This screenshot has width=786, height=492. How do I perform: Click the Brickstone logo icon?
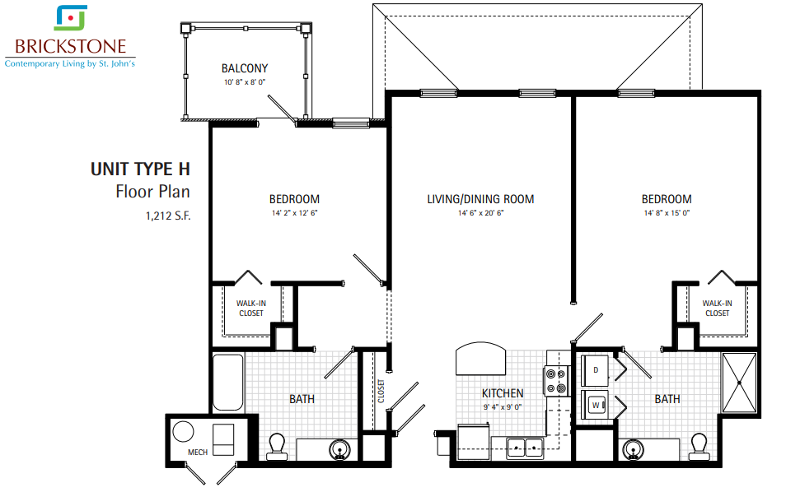coord(71,17)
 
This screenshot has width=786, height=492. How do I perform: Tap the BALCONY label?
coord(245,68)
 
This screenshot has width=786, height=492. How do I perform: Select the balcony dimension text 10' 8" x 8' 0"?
coord(245,82)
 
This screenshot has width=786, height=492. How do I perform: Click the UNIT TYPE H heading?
coord(140,169)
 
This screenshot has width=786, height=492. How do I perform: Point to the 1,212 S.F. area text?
coord(168,216)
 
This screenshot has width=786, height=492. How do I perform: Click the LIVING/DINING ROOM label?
coord(480,199)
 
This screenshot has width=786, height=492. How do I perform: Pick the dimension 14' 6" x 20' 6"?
coord(480,213)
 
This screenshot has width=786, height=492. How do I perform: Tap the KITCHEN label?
coord(503,393)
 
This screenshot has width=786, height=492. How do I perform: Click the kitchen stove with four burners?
coord(556,381)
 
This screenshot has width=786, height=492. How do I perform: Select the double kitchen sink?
coord(525,447)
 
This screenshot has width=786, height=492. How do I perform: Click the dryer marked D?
coord(595,370)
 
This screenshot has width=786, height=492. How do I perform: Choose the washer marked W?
coord(595,405)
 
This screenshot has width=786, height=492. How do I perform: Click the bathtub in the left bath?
coord(228,383)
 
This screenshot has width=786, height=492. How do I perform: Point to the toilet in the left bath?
coord(277,447)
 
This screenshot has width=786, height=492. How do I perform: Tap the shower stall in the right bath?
coord(739,383)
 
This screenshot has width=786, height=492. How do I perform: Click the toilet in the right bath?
coord(699,447)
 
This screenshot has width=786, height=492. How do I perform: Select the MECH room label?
coord(198,452)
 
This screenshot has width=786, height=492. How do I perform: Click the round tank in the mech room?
coord(183,431)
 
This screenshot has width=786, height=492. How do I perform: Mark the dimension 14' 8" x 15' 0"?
coord(667,213)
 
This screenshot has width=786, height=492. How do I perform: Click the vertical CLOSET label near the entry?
coord(381,391)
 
